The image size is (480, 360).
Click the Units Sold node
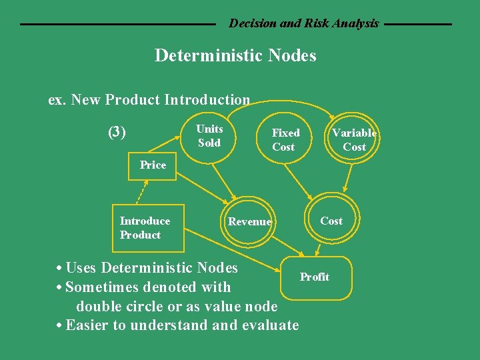click(209, 135)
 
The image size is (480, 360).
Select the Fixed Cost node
click(286, 139)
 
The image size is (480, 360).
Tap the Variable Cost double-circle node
click(354, 139)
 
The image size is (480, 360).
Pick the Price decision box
click(153, 165)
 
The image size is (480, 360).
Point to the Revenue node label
click(249, 222)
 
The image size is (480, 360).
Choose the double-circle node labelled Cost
click(331, 221)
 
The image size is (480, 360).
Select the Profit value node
click(315, 277)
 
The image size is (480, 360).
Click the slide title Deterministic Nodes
click(235, 55)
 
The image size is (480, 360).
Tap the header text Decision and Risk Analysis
click(304, 23)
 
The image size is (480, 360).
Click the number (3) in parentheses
click(117, 131)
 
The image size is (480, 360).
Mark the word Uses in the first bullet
click(81, 268)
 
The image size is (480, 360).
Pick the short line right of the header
click(418, 25)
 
